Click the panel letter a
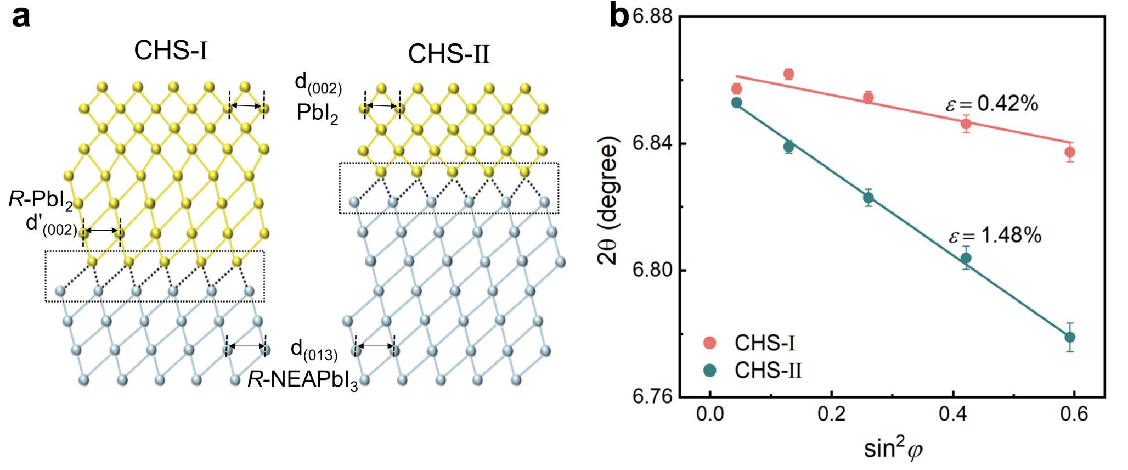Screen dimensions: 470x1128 pos(21,18)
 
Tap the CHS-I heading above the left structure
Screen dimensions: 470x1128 pos(171,51)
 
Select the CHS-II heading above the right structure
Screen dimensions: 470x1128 pos(448,54)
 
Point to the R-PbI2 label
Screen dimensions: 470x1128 pos(41,200)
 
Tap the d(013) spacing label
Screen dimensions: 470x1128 pos(314,350)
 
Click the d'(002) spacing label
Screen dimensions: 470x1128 pos(52,225)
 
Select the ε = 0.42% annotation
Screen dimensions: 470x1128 pos(992,104)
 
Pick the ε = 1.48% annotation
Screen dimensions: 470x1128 pos(995,236)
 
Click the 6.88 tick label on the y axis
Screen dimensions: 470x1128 pos(653,16)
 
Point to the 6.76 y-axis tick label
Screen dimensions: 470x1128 pos(653,396)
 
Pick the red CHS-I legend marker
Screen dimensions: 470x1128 pos(710,343)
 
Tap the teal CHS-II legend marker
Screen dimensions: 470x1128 pos(710,371)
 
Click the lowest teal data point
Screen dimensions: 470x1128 pos(1070,337)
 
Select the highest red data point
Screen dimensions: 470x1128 pos(789,74)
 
